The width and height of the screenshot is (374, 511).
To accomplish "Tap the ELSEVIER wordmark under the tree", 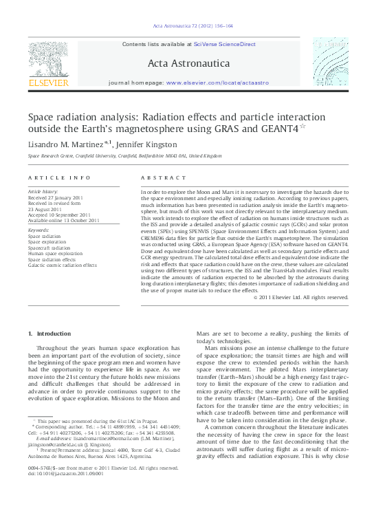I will [48, 83].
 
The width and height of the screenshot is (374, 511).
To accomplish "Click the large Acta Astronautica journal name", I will [186, 63].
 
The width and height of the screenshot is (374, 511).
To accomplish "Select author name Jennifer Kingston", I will [147, 144].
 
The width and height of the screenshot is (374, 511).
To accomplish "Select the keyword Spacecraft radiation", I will [50, 247].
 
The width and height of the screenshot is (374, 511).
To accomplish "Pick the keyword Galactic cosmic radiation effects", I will [63, 265].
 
